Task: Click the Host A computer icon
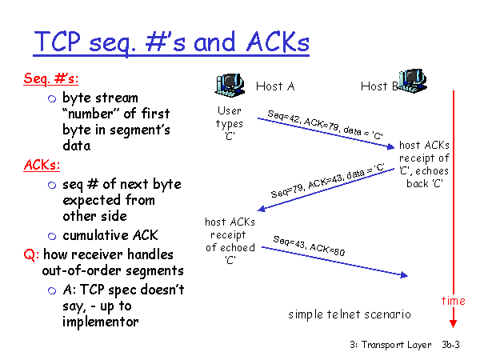230,82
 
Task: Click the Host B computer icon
414,78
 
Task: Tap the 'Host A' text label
275,86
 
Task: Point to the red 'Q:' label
30,254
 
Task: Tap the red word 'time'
453,301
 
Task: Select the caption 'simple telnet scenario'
350,314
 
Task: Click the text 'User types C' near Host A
229,123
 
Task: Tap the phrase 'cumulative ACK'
111,234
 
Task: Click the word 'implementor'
102,322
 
